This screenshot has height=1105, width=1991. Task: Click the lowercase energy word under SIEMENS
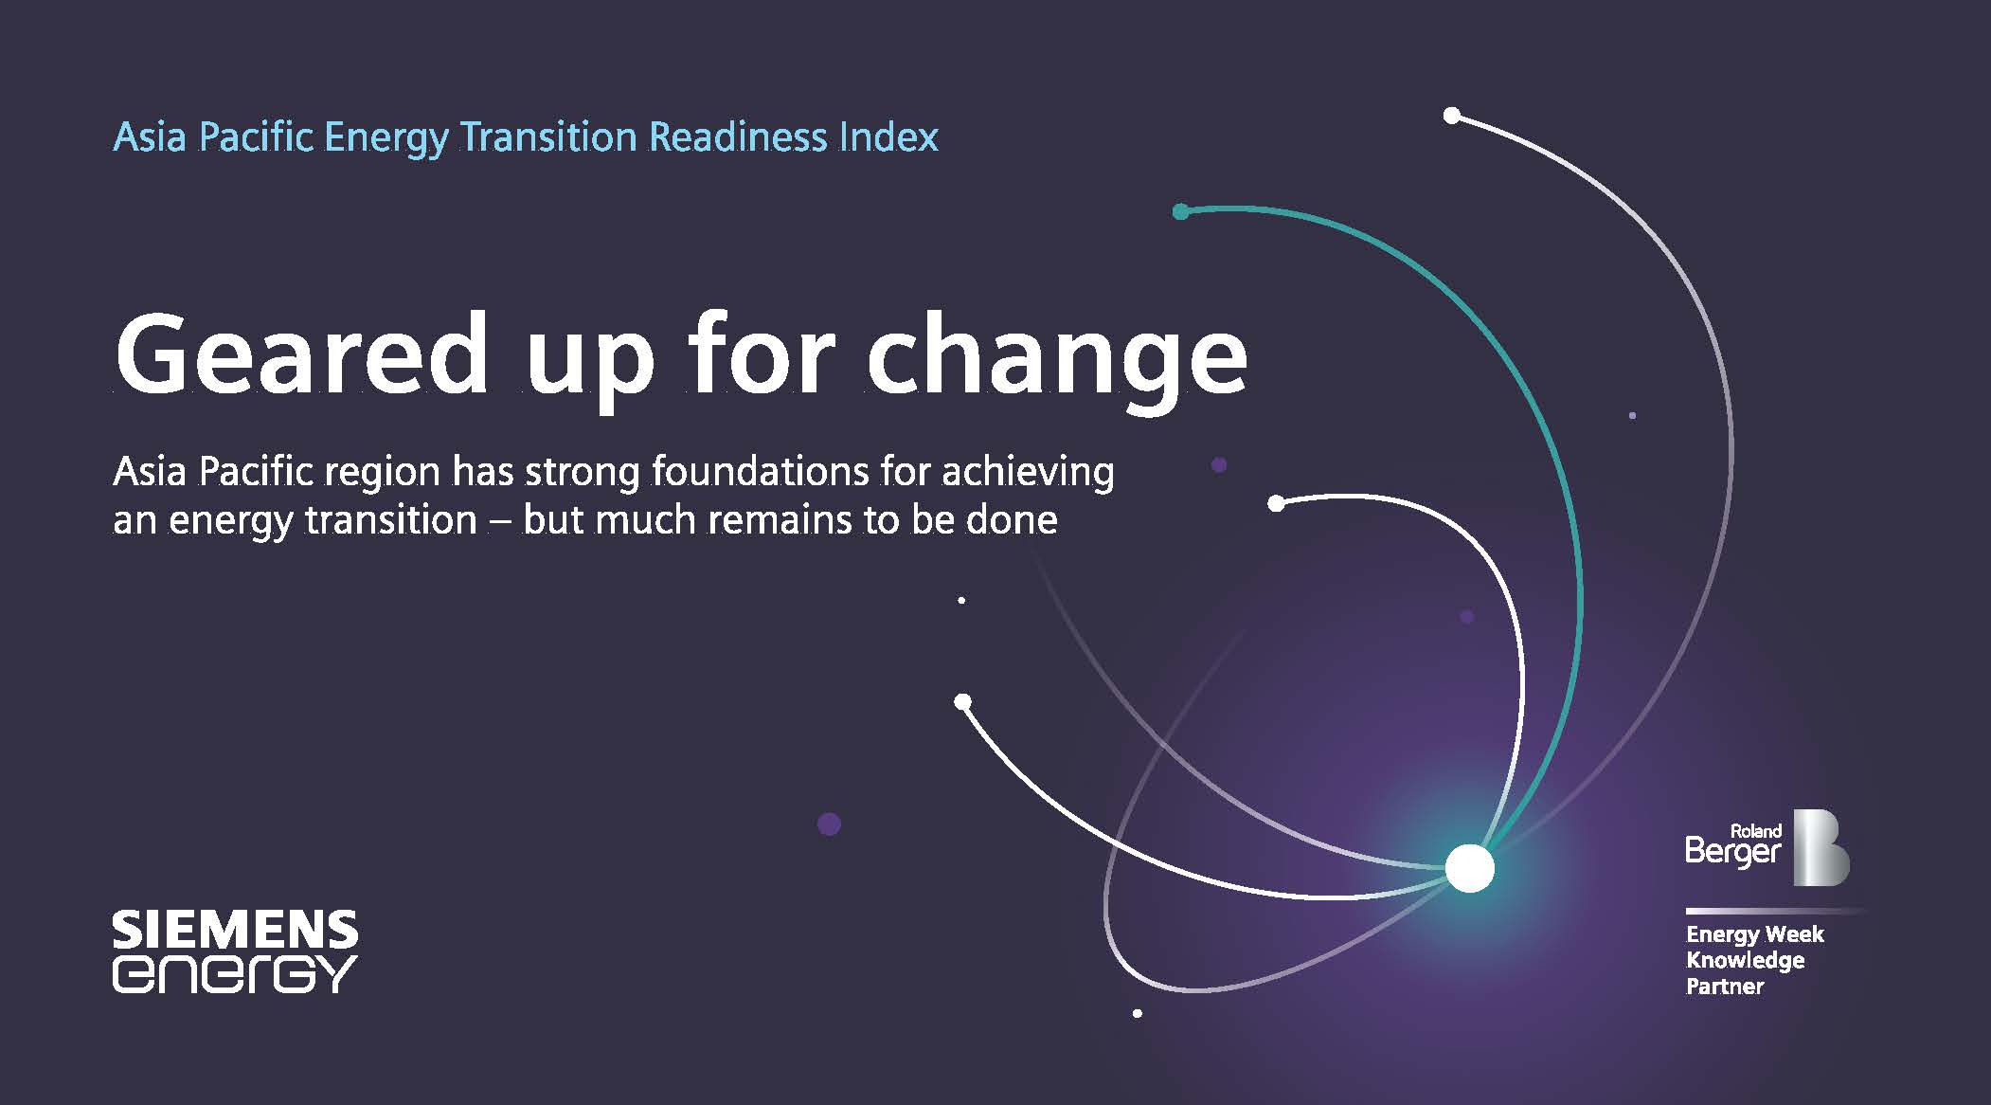click(x=235, y=975)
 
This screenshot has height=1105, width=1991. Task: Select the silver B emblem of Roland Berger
click(x=1821, y=848)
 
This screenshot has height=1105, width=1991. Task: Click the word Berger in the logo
click(x=1733, y=852)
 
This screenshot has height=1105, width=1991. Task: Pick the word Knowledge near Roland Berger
click(x=1745, y=961)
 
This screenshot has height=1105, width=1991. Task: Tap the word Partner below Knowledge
click(x=1725, y=987)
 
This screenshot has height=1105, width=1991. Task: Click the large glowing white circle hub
click(x=1469, y=867)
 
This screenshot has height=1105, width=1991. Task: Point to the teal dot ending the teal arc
click(x=1180, y=211)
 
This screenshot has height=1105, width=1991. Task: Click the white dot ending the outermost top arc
click(x=1452, y=116)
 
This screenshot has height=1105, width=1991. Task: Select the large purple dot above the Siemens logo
click(x=829, y=824)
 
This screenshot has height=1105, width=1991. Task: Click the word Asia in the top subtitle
click(x=150, y=137)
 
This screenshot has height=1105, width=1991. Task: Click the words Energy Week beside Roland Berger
click(x=1754, y=935)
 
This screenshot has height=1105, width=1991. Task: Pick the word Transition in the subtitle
click(x=548, y=137)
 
